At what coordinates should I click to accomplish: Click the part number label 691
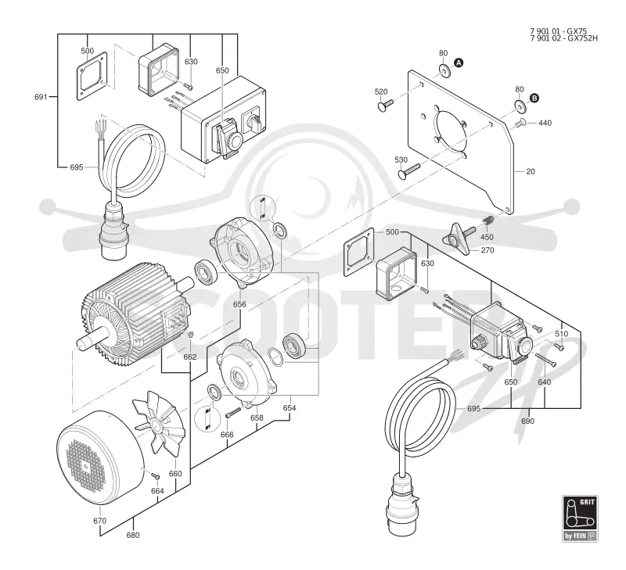(41, 97)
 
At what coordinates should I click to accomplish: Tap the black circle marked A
(459, 63)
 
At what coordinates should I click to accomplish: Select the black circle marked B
(534, 98)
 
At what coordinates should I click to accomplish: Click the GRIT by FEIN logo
(580, 518)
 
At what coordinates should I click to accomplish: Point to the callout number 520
(381, 91)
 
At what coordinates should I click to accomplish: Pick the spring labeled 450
(489, 220)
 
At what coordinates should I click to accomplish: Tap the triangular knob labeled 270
(455, 239)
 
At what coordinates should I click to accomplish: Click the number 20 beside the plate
(531, 171)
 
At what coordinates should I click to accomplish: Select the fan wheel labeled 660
(159, 420)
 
